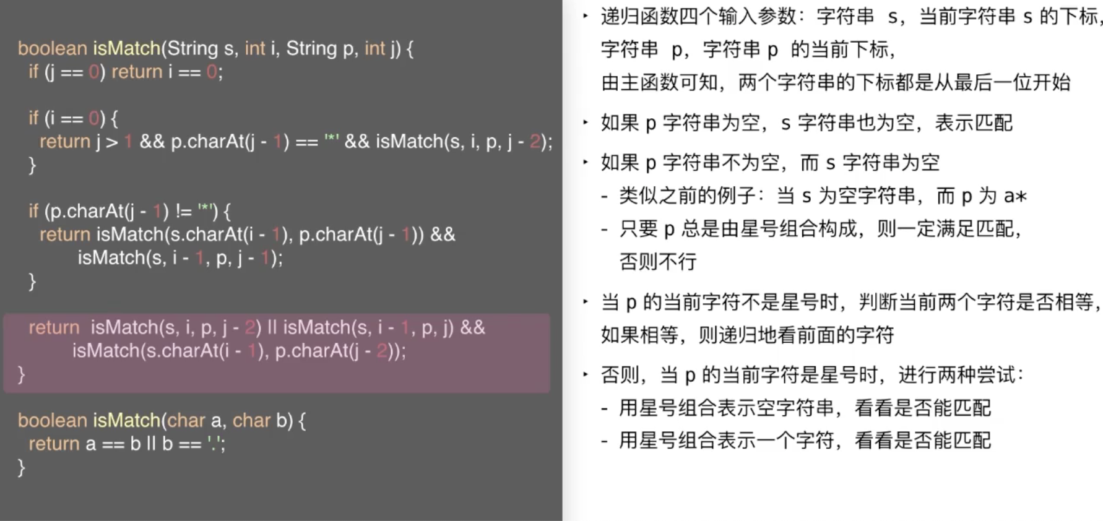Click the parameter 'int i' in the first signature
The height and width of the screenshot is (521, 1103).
click(254, 48)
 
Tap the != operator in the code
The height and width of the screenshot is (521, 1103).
click(183, 212)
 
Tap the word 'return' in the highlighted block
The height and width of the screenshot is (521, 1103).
click(54, 327)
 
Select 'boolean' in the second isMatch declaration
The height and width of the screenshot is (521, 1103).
click(52, 421)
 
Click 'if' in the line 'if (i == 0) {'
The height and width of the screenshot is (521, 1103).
click(33, 118)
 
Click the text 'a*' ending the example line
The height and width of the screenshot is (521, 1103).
click(1015, 196)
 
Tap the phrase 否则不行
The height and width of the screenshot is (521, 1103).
click(658, 262)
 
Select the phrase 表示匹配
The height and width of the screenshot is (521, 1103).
click(973, 123)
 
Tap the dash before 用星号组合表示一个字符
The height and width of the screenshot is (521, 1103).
click(605, 441)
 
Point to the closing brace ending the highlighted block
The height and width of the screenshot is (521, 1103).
click(22, 374)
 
